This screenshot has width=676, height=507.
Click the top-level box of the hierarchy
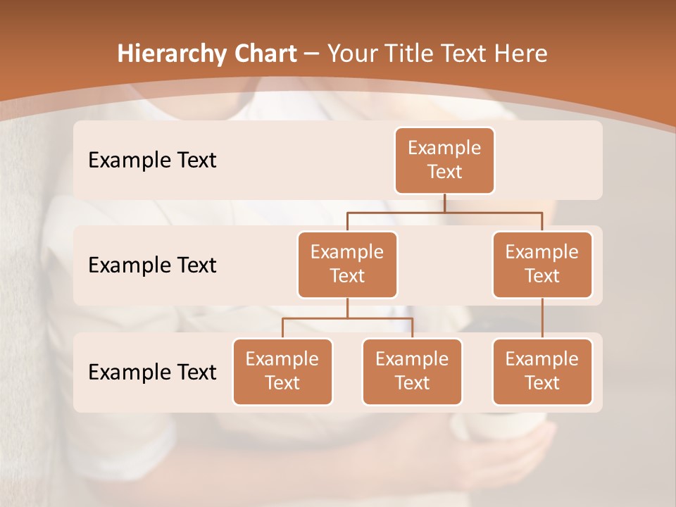444,161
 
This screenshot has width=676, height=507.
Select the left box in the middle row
347,265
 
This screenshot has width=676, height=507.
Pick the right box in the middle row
542,265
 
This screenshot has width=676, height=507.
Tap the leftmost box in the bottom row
282,372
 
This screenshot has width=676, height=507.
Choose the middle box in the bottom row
412,372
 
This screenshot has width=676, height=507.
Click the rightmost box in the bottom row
542,372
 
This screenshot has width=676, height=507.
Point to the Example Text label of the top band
152,161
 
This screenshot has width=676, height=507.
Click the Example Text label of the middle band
152,265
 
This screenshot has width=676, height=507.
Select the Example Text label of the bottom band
152,372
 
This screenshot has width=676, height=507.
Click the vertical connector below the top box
444,203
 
